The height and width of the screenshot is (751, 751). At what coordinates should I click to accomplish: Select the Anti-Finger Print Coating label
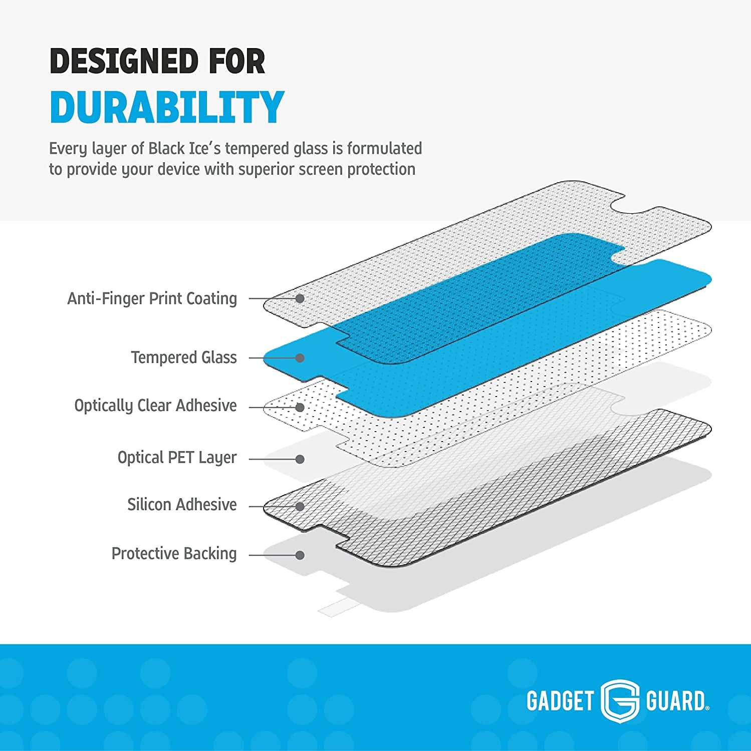click(152, 298)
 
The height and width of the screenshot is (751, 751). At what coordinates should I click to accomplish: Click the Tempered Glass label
click(184, 357)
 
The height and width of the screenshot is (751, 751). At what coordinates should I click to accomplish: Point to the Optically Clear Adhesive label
click(155, 406)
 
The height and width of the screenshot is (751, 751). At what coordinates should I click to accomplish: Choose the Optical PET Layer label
click(177, 458)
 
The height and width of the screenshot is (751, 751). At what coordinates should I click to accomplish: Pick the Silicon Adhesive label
click(182, 505)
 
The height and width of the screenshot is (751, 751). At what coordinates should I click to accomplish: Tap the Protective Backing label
click(174, 554)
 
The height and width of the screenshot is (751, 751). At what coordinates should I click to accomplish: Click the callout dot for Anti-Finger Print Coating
click(300, 298)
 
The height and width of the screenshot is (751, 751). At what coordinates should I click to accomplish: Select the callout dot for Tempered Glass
click(300, 358)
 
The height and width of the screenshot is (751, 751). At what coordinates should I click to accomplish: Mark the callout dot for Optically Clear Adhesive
click(300, 408)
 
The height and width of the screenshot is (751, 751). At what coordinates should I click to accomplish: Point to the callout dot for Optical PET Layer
click(300, 459)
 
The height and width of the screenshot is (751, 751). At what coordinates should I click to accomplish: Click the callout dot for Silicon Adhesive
click(300, 507)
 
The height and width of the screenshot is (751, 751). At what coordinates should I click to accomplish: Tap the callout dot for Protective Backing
click(300, 555)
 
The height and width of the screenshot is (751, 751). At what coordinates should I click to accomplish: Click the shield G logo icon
click(620, 700)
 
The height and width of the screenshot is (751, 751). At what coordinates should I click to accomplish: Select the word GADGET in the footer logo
click(560, 701)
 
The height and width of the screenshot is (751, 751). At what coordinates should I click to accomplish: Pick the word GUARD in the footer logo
click(676, 701)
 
